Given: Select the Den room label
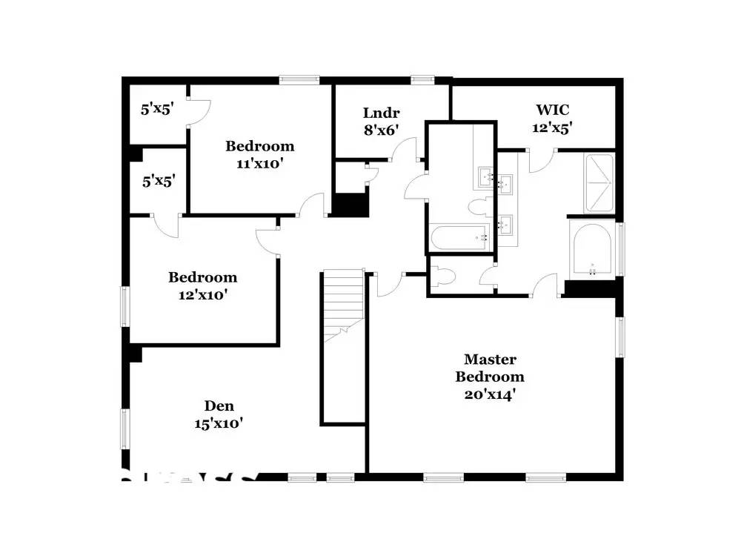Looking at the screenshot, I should coord(219,406).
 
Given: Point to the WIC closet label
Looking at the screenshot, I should coord(553,110).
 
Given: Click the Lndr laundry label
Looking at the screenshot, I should coord(382,113).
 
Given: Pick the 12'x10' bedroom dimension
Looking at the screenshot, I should coord(202,294).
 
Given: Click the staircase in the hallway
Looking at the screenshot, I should coord(343,304).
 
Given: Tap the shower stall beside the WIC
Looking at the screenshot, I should coord(599,182).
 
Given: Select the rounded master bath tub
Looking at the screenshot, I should coord(592,248).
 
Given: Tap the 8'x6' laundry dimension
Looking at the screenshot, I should coord(382,130).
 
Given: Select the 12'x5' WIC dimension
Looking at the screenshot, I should coord(553,127).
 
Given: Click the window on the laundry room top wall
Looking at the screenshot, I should coord(424,79).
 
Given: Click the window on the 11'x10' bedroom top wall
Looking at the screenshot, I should coord(299,79).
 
